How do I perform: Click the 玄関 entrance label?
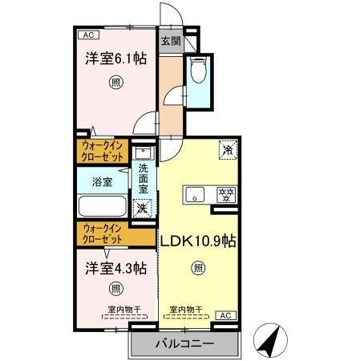170,40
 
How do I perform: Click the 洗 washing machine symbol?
142,208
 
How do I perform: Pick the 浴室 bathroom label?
102,181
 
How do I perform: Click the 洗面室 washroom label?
144,180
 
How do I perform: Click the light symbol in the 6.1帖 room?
115,82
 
